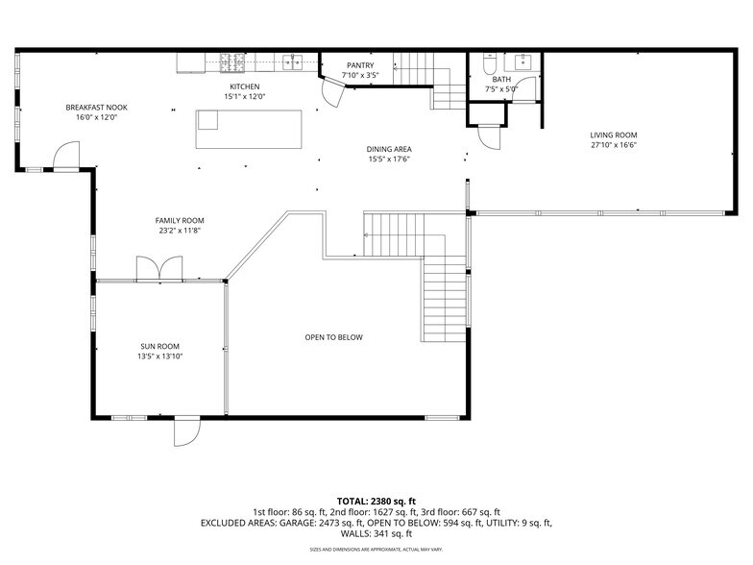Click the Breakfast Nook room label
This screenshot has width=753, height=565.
pyautogui.click(x=96, y=108)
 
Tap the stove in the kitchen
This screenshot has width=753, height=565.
pyautogui.click(x=232, y=62)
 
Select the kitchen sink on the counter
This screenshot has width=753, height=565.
pyautogui.click(x=292, y=62)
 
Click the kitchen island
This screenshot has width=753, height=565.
pyautogui.click(x=249, y=129)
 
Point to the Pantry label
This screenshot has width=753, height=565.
pyautogui.click(x=361, y=65)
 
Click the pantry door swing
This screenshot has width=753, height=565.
pyautogui.click(x=331, y=92)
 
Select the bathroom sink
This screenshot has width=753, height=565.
pyautogui.click(x=523, y=61)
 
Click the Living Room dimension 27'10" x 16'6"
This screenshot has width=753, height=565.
pyautogui.click(x=614, y=145)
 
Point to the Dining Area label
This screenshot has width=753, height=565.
pyautogui.click(x=389, y=149)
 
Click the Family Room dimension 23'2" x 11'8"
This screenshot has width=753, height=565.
pyautogui.click(x=181, y=231)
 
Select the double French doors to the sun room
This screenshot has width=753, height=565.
pyautogui.click(x=158, y=269)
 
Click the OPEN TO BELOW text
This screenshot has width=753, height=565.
pyautogui.click(x=333, y=337)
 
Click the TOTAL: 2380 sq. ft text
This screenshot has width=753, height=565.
pyautogui.click(x=376, y=501)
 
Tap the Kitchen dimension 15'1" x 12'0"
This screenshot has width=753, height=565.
pyautogui.click(x=244, y=96)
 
